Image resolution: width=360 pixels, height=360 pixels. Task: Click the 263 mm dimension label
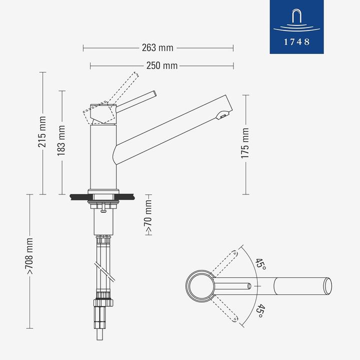[157, 48]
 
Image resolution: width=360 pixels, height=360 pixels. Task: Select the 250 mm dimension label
[162, 65]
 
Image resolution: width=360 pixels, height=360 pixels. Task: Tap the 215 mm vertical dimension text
[42, 132]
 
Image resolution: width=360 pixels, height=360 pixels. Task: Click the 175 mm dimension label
[245, 143]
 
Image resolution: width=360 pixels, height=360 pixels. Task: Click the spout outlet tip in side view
[222, 116]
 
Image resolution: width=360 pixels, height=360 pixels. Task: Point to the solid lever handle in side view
[137, 100]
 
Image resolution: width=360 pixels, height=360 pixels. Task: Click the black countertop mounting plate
[103, 196]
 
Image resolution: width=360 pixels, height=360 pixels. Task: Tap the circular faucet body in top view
[201, 286]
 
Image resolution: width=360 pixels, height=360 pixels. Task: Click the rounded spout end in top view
[327, 286]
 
